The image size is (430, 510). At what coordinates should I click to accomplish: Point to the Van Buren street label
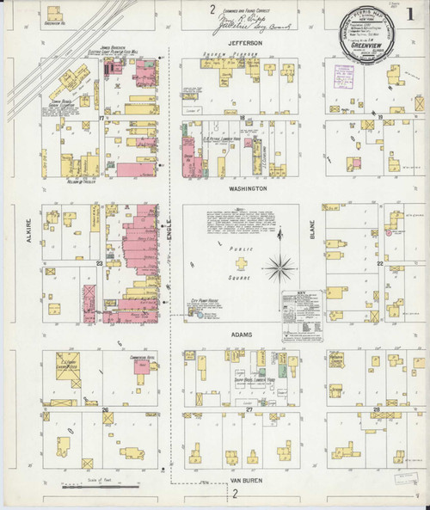click(236, 480)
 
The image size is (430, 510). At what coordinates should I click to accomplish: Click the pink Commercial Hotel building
click(140, 369)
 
